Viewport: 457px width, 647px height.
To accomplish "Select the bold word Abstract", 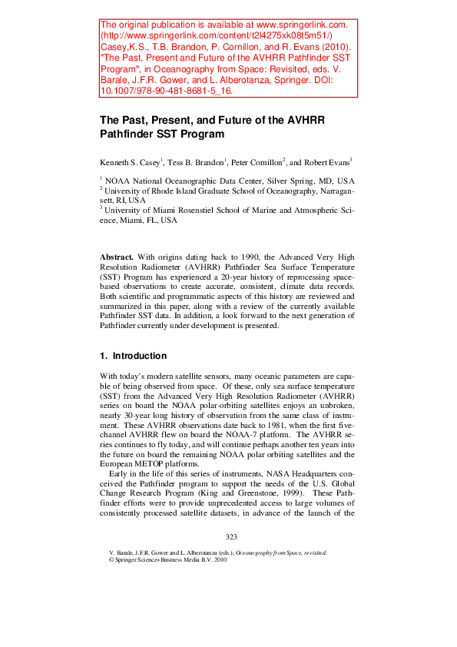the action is (116, 255).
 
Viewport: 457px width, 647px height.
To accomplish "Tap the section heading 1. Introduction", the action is (134, 356).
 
